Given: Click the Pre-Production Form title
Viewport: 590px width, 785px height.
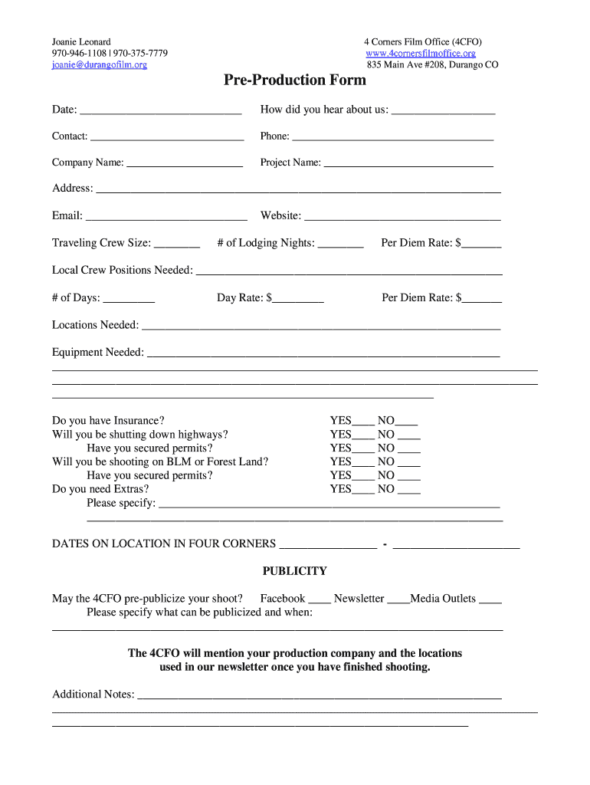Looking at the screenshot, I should tap(295, 80).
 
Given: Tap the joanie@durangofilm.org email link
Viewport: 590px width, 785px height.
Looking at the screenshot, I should tap(100, 65).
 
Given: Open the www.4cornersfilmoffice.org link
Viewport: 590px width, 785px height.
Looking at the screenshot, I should tap(421, 54).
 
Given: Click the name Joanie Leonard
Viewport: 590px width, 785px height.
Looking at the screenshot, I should tap(81, 41).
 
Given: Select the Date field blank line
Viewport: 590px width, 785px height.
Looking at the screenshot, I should tap(160, 111).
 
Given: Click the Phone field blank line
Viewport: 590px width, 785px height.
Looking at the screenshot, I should tap(392, 138).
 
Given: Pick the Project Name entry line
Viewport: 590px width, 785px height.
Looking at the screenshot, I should tap(408, 164).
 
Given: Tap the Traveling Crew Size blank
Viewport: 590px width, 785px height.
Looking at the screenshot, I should tap(177, 245).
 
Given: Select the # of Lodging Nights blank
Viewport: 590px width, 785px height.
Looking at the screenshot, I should tap(340, 245).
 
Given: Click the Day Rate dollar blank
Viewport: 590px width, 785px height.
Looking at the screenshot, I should tap(298, 299).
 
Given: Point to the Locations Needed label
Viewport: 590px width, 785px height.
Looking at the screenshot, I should tap(95, 325).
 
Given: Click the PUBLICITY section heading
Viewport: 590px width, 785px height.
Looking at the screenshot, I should tap(295, 571).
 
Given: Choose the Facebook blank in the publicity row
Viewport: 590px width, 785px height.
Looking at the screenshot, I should tap(320, 600).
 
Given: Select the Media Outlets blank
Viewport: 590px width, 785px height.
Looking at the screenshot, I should tap(490, 600).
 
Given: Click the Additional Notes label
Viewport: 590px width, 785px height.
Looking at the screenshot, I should tap(93, 695).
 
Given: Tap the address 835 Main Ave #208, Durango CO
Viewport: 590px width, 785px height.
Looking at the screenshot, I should tap(432, 65).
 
